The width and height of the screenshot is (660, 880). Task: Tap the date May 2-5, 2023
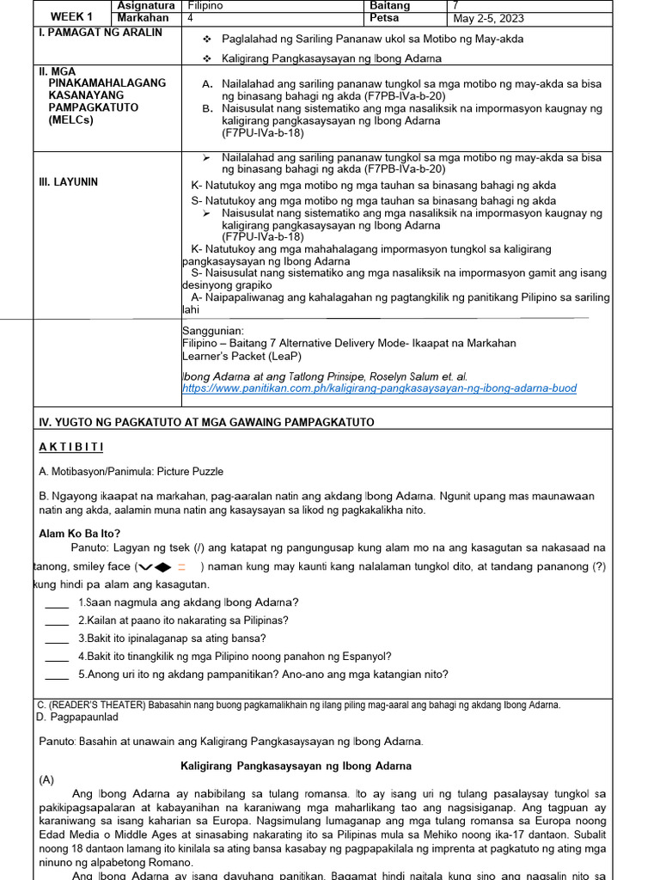pos(488,19)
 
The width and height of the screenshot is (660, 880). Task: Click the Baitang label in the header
pos(389,6)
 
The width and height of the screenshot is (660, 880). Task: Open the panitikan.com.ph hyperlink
pos(379,388)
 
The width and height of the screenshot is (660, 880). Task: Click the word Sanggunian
pos(213,331)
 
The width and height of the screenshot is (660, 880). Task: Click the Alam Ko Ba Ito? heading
pos(80,533)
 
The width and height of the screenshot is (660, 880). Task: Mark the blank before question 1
pos(57,602)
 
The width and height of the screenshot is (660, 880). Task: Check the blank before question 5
pos(57,675)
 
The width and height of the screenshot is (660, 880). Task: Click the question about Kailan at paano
pos(183,620)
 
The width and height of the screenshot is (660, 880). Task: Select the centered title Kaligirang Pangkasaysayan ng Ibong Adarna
pos(296,766)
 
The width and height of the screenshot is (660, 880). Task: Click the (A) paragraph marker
pos(46,780)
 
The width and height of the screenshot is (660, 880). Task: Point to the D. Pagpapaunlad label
pos(77,717)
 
